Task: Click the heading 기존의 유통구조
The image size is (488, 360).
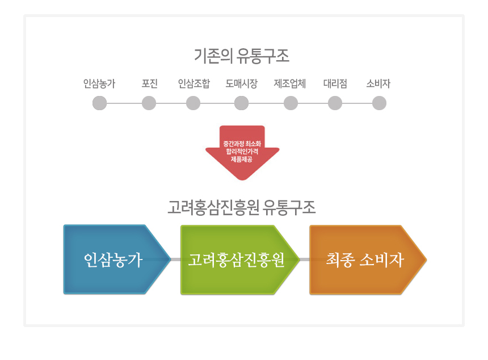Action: pos(242,56)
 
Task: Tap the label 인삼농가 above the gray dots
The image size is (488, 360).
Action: pos(99,84)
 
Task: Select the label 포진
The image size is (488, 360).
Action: pos(149,84)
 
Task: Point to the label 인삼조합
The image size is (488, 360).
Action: pos(193,84)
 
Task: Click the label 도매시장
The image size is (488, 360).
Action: pos(241,84)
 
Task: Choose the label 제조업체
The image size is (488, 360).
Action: pos(290,84)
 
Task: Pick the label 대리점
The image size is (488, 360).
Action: pos(335,84)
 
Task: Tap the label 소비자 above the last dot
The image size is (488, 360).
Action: pos(378,84)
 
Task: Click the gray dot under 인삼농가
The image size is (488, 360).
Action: pos(99,103)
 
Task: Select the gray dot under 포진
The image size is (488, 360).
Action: pos(149,103)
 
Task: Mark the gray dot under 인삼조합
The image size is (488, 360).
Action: pos(193,103)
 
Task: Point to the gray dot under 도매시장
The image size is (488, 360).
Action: pos(241,103)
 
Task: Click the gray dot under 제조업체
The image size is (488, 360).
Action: pos(291,103)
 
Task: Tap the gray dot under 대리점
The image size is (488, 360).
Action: pos(335,103)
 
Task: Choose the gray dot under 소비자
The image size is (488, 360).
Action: pos(379,103)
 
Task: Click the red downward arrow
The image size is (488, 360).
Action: pos(242,150)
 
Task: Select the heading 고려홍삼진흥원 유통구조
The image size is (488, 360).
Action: pos(242,207)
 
